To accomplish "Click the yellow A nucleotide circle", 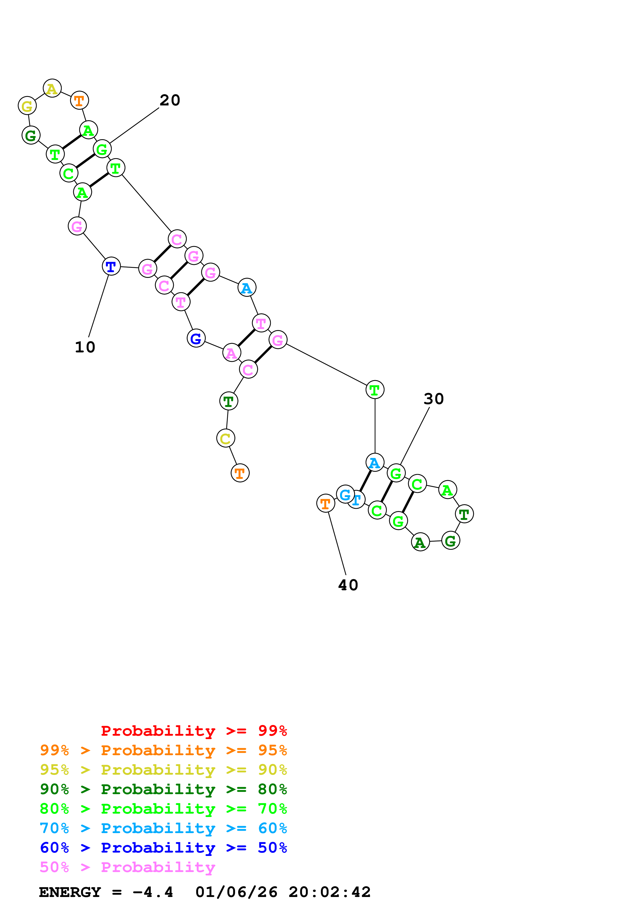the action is (x=52, y=88).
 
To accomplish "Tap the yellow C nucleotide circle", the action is (x=225, y=438).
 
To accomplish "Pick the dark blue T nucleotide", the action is (x=111, y=266).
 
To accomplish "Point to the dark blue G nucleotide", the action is (x=196, y=338).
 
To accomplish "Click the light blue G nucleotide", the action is (x=345, y=494).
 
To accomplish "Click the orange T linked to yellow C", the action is (x=240, y=473).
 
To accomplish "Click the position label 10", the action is (x=85, y=347).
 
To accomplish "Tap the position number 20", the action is (x=170, y=101).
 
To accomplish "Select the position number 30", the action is (x=433, y=399).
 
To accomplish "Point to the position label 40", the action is (x=348, y=585).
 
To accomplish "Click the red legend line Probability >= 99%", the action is (x=194, y=731).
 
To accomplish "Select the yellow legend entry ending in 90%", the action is (x=163, y=769).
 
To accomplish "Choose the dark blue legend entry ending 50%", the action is (x=163, y=848).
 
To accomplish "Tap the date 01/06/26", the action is (x=236, y=892).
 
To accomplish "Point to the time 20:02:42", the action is (x=329, y=892).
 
